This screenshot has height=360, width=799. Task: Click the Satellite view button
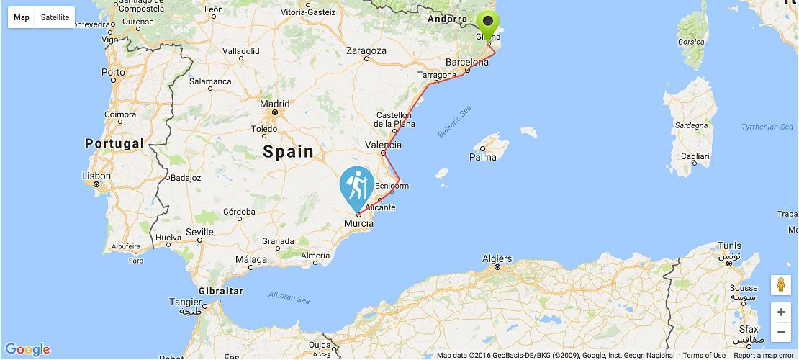pyautogui.click(x=55, y=17)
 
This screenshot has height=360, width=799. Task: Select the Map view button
pyautogui.click(x=22, y=17)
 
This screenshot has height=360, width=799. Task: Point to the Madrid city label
pyautogui.click(x=275, y=104)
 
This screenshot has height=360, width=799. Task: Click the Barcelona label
pyautogui.click(x=467, y=62)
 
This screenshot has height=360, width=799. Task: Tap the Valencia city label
pyautogui.click(x=383, y=145)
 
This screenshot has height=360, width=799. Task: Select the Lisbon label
pyautogui.click(x=96, y=176)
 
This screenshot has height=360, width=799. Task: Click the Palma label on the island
pyautogui.click(x=482, y=156)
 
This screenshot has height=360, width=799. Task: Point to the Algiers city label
pyautogui.click(x=497, y=258)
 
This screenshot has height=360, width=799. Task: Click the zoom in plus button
pyautogui.click(x=781, y=312)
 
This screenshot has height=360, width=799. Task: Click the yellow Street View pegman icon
pyautogui.click(x=781, y=285)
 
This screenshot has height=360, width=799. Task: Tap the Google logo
pyautogui.click(x=27, y=350)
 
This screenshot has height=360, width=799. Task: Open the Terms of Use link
pyautogui.click(x=704, y=355)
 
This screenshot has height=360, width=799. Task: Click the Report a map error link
pyautogui.click(x=765, y=355)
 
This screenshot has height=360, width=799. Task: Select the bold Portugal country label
pyautogui.click(x=114, y=143)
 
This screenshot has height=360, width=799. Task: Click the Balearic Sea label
pyautogui.click(x=454, y=121)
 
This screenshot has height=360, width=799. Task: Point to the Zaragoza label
pyautogui.click(x=366, y=50)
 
